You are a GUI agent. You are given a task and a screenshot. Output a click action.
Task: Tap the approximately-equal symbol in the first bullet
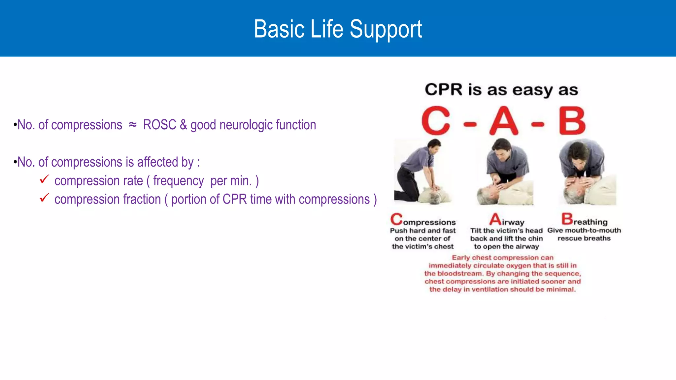tap(133, 125)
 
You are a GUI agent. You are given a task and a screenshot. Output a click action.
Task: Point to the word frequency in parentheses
tap(178, 181)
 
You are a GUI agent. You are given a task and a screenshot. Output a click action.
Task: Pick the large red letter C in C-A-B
tap(436, 121)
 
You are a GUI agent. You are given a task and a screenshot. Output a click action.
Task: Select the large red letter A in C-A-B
tap(504, 121)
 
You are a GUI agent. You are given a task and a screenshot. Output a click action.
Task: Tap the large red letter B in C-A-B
tap(572, 121)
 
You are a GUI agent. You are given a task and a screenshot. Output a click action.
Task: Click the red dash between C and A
tap(470, 124)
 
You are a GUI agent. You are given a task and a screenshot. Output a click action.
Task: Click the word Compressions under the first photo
tap(423, 221)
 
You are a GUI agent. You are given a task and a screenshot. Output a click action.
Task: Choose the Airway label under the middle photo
tap(507, 221)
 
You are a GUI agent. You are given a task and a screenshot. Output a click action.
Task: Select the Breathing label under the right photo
tap(585, 220)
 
